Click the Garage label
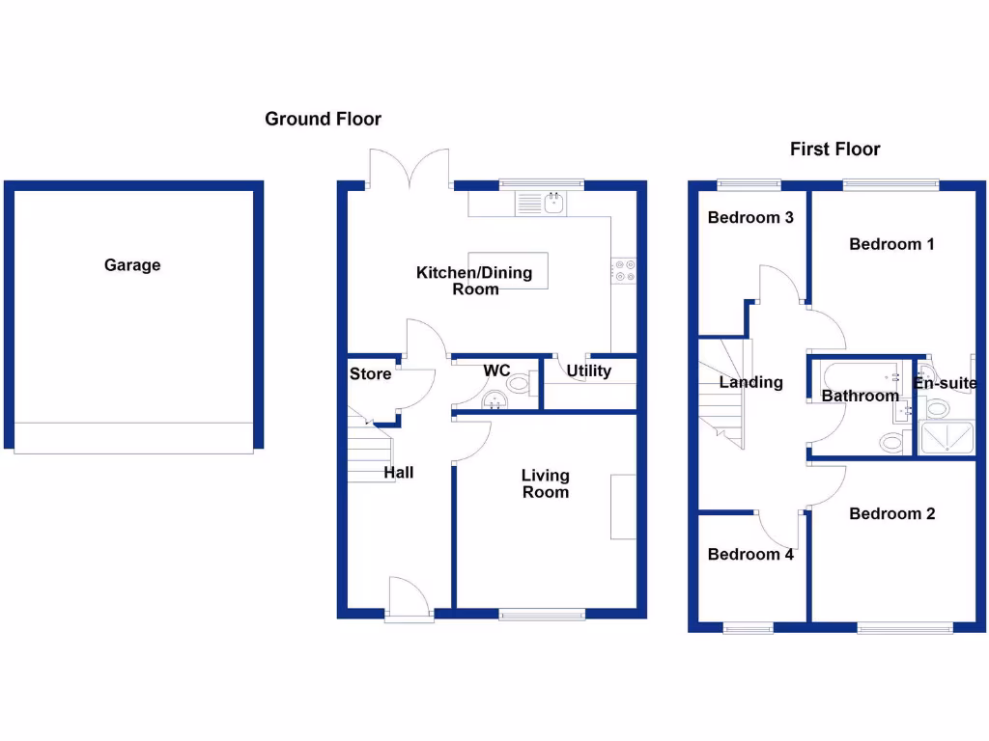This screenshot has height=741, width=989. (132, 265)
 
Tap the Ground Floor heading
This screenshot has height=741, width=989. (323, 120)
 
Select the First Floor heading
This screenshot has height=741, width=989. (834, 150)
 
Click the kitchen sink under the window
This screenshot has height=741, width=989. (542, 204)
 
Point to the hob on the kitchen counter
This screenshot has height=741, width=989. (624, 271)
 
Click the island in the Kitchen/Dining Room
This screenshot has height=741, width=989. (508, 271)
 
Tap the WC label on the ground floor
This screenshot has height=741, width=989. (496, 370)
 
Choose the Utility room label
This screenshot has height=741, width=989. (588, 371)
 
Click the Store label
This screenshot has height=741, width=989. (370, 374)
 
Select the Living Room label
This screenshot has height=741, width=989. (546, 483)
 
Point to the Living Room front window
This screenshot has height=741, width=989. (542, 613)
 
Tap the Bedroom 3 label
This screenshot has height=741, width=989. (750, 218)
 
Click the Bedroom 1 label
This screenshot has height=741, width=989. (891, 244)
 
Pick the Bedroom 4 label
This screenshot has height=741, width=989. (750, 555)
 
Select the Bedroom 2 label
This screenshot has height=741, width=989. (891, 514)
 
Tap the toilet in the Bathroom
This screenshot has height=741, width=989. (892, 443)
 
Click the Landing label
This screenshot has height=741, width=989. (750, 382)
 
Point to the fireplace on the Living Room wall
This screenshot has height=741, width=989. (623, 507)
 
